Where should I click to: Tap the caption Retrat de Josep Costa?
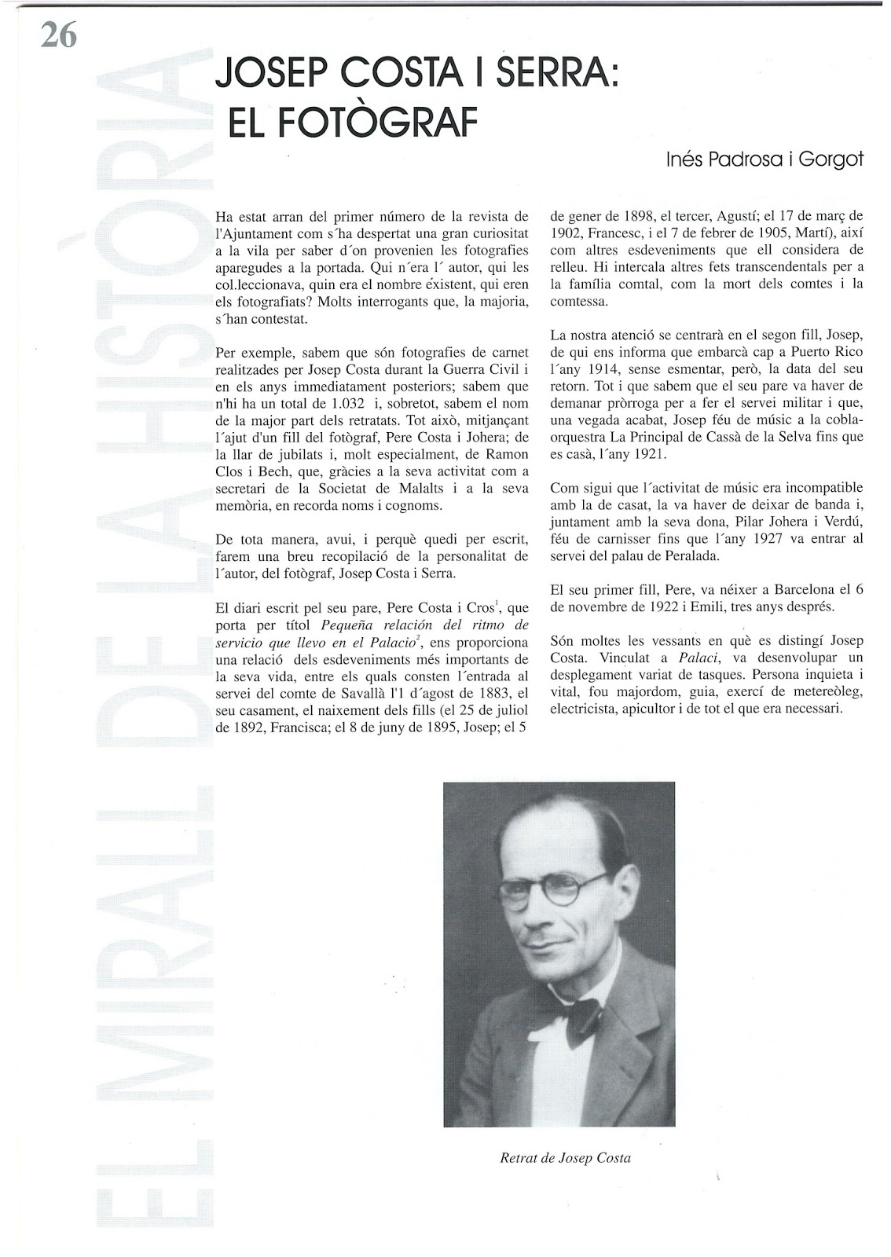coord(565,1157)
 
